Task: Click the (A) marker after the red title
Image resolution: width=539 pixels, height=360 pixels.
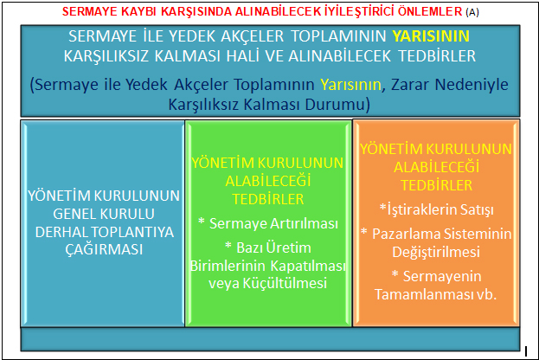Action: (472, 12)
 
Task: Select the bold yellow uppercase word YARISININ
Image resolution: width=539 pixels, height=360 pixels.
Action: (431, 36)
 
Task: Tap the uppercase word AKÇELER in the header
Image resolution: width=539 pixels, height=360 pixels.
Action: (252, 36)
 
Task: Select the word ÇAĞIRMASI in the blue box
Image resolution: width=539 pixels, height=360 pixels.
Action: (104, 248)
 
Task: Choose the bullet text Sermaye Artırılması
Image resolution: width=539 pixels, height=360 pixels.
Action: (274, 223)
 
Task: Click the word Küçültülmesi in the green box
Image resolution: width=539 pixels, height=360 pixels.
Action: (285, 283)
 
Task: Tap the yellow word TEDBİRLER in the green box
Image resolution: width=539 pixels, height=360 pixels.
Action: (268, 199)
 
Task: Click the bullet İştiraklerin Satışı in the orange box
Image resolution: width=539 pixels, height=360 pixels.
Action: (437, 209)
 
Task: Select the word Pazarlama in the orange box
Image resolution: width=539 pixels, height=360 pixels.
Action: (405, 234)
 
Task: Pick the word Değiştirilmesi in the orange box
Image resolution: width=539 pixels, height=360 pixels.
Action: (436, 252)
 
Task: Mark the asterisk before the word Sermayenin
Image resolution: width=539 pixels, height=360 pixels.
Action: (395, 274)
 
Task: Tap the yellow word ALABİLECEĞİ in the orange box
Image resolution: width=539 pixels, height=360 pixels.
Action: (437, 167)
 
